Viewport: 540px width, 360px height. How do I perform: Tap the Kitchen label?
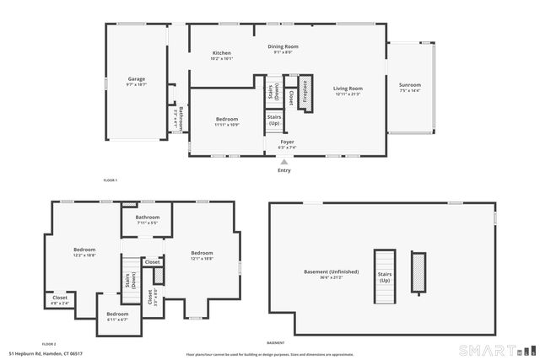[222, 53]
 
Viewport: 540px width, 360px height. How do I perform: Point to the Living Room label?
[347, 88]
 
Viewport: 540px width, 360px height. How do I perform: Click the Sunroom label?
[410, 85]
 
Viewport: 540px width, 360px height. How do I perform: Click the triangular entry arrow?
[284, 161]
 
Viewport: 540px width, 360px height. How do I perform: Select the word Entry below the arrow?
[284, 170]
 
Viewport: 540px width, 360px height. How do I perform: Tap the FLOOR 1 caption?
[110, 180]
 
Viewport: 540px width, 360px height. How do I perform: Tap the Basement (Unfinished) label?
[332, 271]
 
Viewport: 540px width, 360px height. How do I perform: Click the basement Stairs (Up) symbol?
[385, 271]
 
